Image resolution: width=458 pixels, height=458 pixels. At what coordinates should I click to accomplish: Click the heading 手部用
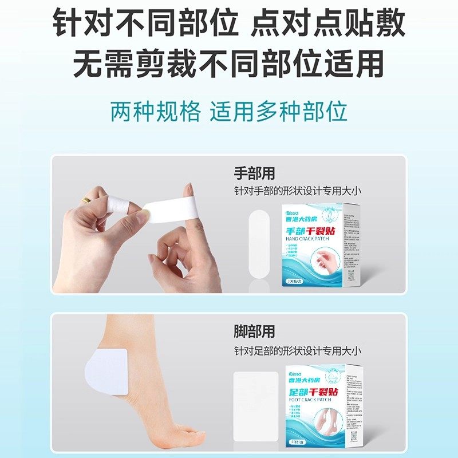click(254, 173)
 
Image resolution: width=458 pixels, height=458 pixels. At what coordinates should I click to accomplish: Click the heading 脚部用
click(254, 331)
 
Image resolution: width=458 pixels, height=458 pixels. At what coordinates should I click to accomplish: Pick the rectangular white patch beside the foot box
click(255, 399)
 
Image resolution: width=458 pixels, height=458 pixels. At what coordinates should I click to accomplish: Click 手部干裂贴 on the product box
click(314, 231)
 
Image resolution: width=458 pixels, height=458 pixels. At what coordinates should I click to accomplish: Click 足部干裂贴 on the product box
click(314, 392)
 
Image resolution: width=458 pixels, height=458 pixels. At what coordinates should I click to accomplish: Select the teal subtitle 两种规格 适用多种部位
click(229, 111)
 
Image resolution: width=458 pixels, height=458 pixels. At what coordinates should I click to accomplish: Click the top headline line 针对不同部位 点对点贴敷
click(229, 24)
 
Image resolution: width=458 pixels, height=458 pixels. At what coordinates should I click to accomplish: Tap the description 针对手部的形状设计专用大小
click(298, 191)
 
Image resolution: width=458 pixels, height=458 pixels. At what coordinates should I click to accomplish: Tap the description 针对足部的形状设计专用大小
click(298, 349)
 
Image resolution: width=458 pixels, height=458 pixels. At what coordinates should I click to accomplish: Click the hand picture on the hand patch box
click(330, 261)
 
